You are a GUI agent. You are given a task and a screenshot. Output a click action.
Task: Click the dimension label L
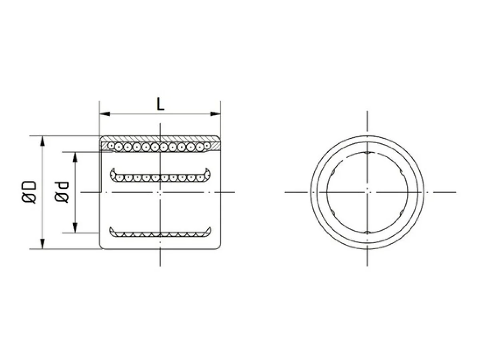[160, 104]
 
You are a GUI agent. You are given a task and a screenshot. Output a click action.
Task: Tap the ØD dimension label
[29, 192]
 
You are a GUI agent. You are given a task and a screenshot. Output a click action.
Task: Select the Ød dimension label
[62, 192]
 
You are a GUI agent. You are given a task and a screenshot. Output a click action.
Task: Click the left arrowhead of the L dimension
[105, 114]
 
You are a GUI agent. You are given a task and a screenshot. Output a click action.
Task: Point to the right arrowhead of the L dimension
[215, 114]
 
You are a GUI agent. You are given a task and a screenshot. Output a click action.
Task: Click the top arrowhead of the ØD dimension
[43, 140]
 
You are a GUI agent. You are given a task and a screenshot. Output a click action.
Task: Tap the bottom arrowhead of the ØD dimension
[43, 244]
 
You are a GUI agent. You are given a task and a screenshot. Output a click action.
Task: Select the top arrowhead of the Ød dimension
[75, 157]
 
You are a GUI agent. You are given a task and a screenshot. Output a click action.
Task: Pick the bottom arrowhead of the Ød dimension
[75, 228]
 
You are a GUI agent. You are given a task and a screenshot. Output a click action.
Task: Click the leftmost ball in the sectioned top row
[111, 145]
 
